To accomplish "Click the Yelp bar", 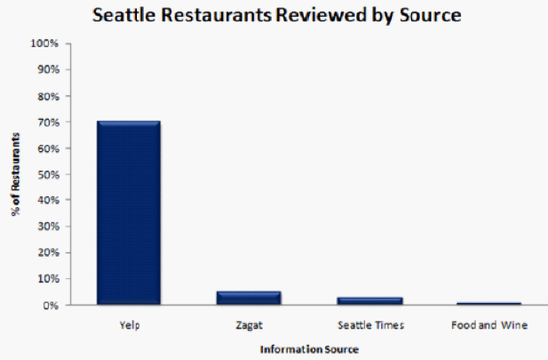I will pyautogui.click(x=129, y=212).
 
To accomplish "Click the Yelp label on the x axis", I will pyautogui.click(x=129, y=324).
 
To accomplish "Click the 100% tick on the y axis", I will pyautogui.click(x=46, y=43).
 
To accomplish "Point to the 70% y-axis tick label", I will pyautogui.click(x=48, y=122).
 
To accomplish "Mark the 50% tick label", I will pyautogui.click(x=48, y=175).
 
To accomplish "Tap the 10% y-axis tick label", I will pyautogui.click(x=48, y=279).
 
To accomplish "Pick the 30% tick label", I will pyautogui.click(x=48, y=226).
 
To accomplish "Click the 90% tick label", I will pyautogui.click(x=48, y=70).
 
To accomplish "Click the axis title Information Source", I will pyautogui.click(x=309, y=348).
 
